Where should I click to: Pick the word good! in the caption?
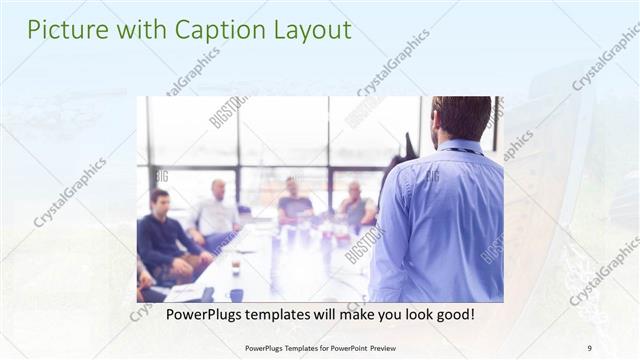(451, 314)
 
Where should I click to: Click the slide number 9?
(588, 347)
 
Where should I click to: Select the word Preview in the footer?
(395, 347)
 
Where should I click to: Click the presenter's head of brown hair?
(461, 116)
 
